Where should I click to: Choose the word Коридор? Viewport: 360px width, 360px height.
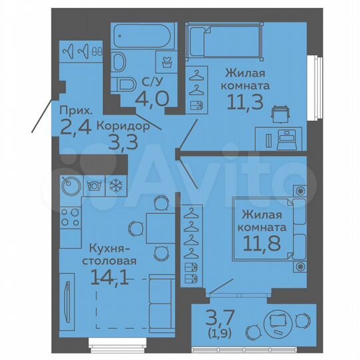click(121, 125)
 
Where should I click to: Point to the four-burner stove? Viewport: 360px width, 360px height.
click(69, 217)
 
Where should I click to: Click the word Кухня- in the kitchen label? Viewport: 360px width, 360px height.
click(100, 249)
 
